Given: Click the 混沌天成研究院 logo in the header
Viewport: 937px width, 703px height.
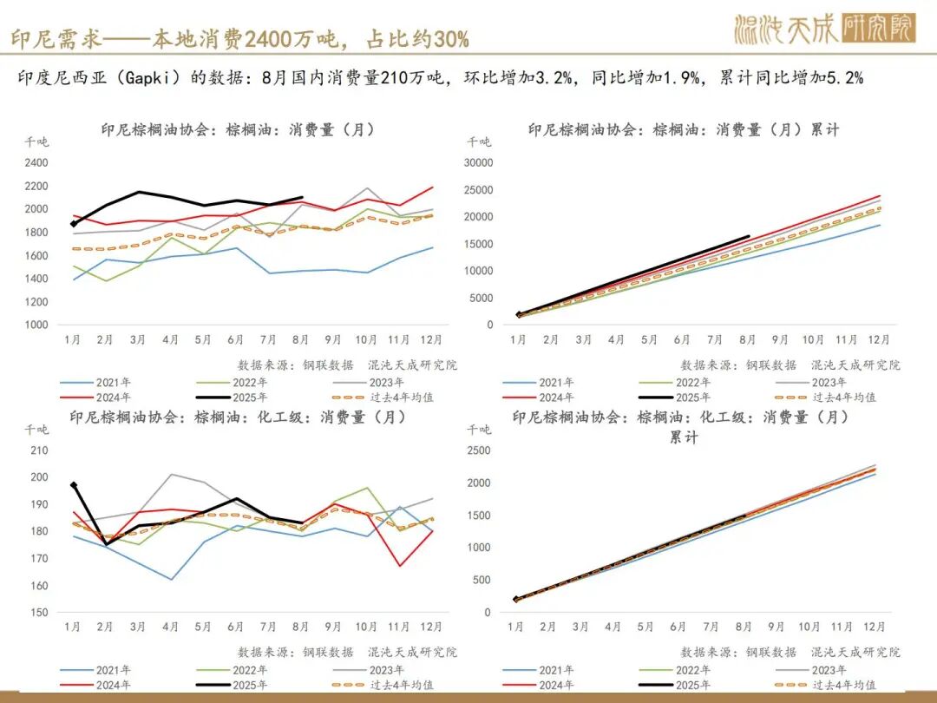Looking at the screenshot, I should pos(824,30).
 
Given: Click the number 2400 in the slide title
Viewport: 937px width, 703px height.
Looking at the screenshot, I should pos(271,38).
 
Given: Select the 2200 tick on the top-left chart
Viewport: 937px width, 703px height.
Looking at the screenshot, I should pos(36,186).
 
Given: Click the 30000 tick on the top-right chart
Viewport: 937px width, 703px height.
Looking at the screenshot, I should pos(479,162).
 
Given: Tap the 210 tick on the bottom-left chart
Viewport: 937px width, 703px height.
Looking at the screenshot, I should pos(40,450).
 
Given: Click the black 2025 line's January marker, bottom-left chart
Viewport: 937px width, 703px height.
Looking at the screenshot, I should pos(74,485).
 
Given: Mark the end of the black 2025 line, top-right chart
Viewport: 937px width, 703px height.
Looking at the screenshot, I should pos(749,236).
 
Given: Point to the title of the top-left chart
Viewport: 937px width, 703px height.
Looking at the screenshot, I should pos(238,130).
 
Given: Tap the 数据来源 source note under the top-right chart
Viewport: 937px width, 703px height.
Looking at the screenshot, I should pos(790,365).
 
